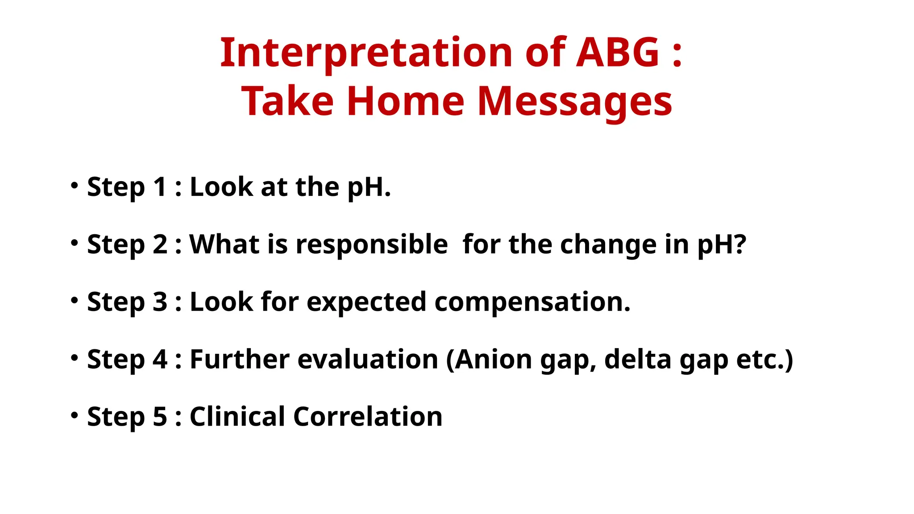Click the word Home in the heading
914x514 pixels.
[406, 101]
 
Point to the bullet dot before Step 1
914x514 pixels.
[75, 185]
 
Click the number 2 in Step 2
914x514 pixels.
[160, 245]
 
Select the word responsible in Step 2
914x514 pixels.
[371, 245]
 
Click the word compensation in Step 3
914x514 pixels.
[532, 302]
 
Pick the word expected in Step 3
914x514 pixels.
[366, 302]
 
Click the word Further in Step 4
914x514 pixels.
[240, 359]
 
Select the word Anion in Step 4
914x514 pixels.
[494, 359]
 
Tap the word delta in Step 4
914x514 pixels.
[638, 359]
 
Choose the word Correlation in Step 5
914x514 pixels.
[368, 417]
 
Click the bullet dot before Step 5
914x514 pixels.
[75, 415]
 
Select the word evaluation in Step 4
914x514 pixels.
[368, 359]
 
